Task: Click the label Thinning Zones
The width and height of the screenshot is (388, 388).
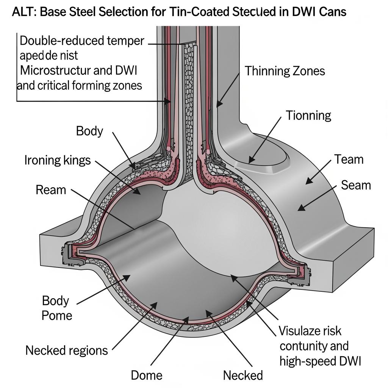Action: pos(285,71)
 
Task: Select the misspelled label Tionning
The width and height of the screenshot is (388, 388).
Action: pos(308,115)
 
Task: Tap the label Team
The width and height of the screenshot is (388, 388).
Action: pos(349,159)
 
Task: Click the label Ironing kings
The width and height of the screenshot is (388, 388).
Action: pos(58,160)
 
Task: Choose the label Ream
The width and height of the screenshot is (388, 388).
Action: pos(51,189)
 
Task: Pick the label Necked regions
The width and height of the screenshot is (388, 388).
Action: pos(67,350)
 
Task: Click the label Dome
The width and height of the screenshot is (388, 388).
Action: pos(147,375)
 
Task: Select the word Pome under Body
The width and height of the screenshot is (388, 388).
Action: pos(57,315)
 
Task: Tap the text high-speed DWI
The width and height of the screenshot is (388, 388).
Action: pos(320,361)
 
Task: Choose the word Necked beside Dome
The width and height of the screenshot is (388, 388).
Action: pos(243,375)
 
